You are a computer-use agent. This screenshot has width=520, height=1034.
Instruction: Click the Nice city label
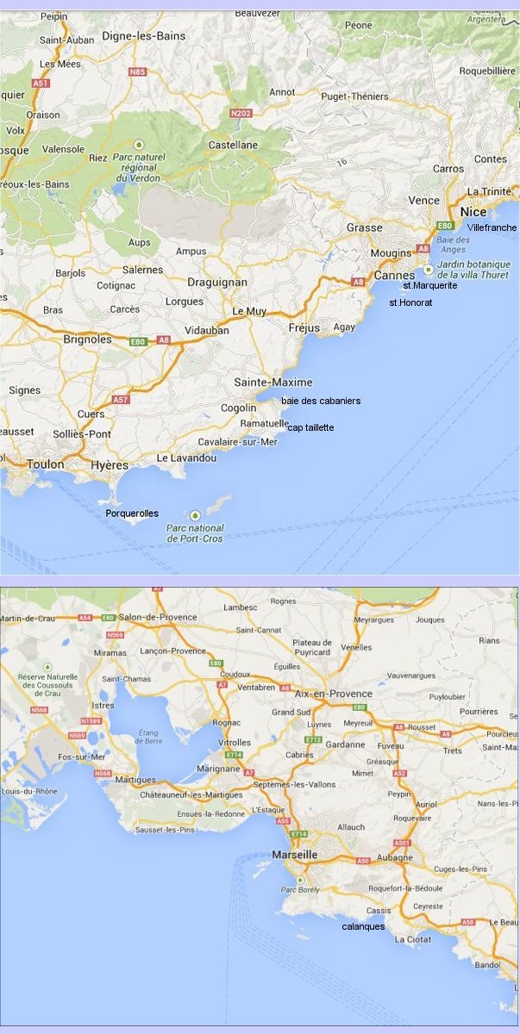click(x=473, y=211)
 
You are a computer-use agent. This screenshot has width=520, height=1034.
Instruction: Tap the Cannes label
click(x=394, y=275)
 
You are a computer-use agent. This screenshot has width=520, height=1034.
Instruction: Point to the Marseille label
click(x=295, y=854)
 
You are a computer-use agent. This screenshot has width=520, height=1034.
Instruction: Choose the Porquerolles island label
click(x=132, y=513)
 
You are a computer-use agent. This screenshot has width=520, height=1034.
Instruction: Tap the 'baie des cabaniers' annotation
click(x=321, y=401)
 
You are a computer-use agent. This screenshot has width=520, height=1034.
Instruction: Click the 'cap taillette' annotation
click(x=310, y=427)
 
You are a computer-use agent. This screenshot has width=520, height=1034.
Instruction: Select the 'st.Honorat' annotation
click(x=411, y=302)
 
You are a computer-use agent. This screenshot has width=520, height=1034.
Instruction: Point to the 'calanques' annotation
click(x=363, y=926)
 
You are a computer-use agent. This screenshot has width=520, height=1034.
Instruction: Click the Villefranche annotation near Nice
click(x=492, y=227)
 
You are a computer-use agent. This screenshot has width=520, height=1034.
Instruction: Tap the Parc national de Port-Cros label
click(x=195, y=533)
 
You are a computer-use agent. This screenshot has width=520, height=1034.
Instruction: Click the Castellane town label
click(x=233, y=145)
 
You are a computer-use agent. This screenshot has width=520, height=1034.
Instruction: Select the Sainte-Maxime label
click(x=273, y=382)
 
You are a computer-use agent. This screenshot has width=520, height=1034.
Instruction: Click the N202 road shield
click(x=241, y=113)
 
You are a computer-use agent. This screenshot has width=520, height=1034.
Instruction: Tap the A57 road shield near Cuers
click(x=120, y=401)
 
